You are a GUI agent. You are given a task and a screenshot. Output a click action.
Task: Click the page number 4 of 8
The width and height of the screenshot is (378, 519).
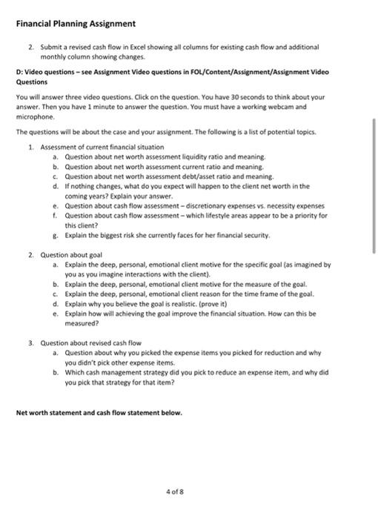pyautogui.click(x=188, y=490)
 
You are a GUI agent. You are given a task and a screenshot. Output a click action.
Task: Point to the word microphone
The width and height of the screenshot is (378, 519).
pyautogui.click(x=34, y=116)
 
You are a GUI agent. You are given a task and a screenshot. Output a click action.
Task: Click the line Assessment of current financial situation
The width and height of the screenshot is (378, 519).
pyautogui.click(x=102, y=147)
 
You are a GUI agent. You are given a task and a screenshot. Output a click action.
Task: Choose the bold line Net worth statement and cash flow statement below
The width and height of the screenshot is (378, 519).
pyautogui.click(x=99, y=412)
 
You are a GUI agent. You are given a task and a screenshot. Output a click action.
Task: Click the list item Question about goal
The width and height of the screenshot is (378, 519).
pyautogui.click(x=69, y=254)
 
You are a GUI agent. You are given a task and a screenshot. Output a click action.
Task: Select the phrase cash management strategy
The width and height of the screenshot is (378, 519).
pyautogui.click(x=122, y=373)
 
